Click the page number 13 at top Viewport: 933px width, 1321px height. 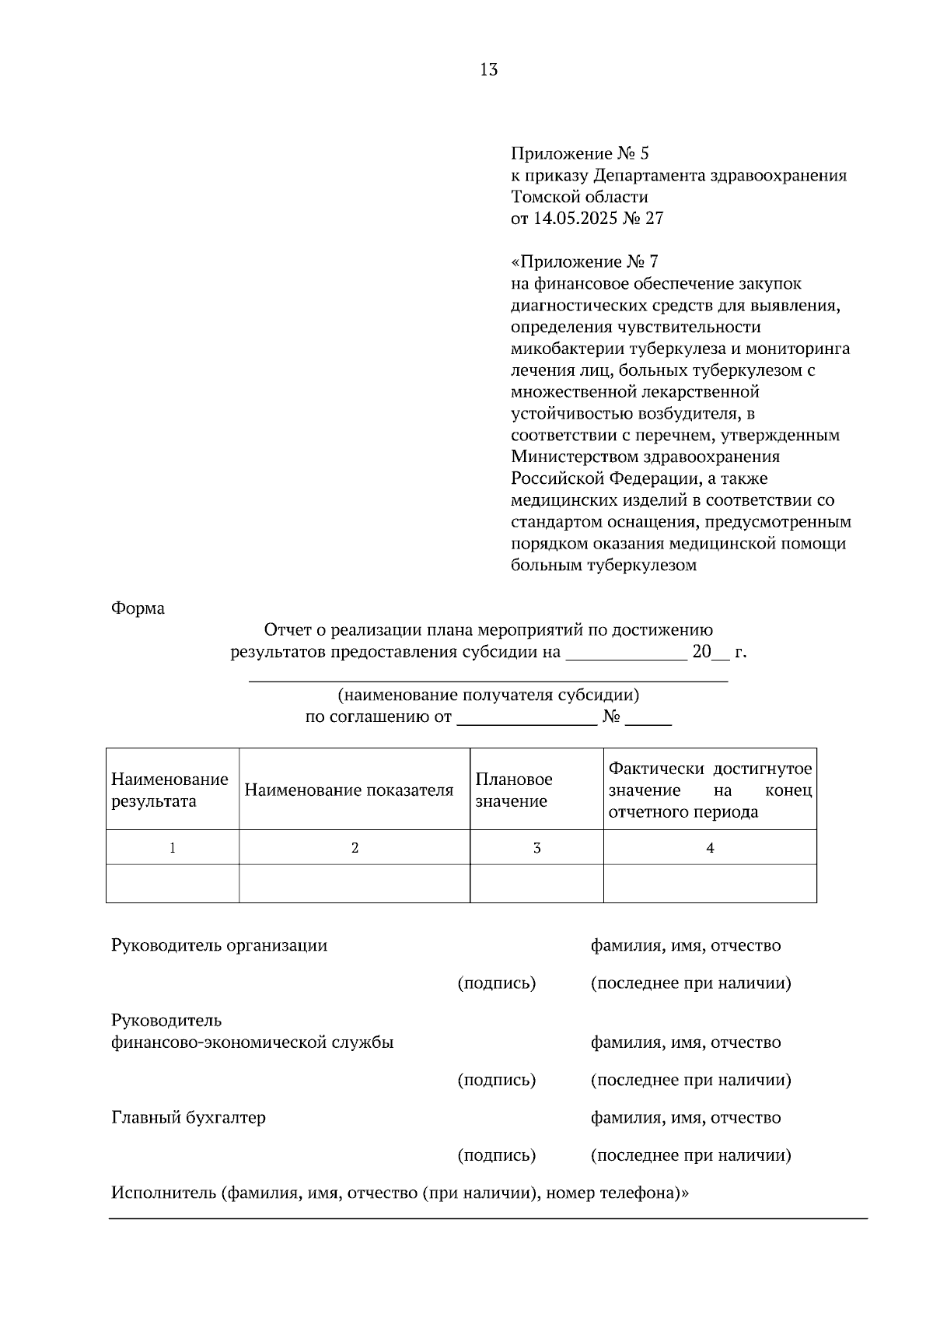[x=489, y=69]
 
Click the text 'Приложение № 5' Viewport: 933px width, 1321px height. [x=579, y=153]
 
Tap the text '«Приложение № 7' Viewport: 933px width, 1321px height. [x=585, y=261]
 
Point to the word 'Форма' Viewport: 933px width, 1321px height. [x=138, y=608]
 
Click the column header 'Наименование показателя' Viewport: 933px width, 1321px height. [x=348, y=790]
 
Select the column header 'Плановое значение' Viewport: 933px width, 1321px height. [x=513, y=790]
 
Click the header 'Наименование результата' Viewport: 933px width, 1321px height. [x=169, y=790]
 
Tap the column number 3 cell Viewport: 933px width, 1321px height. [x=536, y=848]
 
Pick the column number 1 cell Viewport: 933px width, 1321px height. [x=172, y=848]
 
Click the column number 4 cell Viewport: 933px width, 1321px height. [x=709, y=848]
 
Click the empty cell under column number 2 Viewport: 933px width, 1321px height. [x=354, y=884]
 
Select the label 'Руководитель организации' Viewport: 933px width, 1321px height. [x=219, y=945]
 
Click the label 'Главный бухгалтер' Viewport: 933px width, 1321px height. [x=188, y=1118]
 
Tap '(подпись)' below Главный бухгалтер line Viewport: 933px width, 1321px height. [x=496, y=1155]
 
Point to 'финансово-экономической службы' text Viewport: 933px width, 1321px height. [x=253, y=1042]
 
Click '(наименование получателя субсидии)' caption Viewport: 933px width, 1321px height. [x=488, y=695]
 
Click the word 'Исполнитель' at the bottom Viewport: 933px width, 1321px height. [x=163, y=1193]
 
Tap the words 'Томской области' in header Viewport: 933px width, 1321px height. [x=579, y=197]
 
